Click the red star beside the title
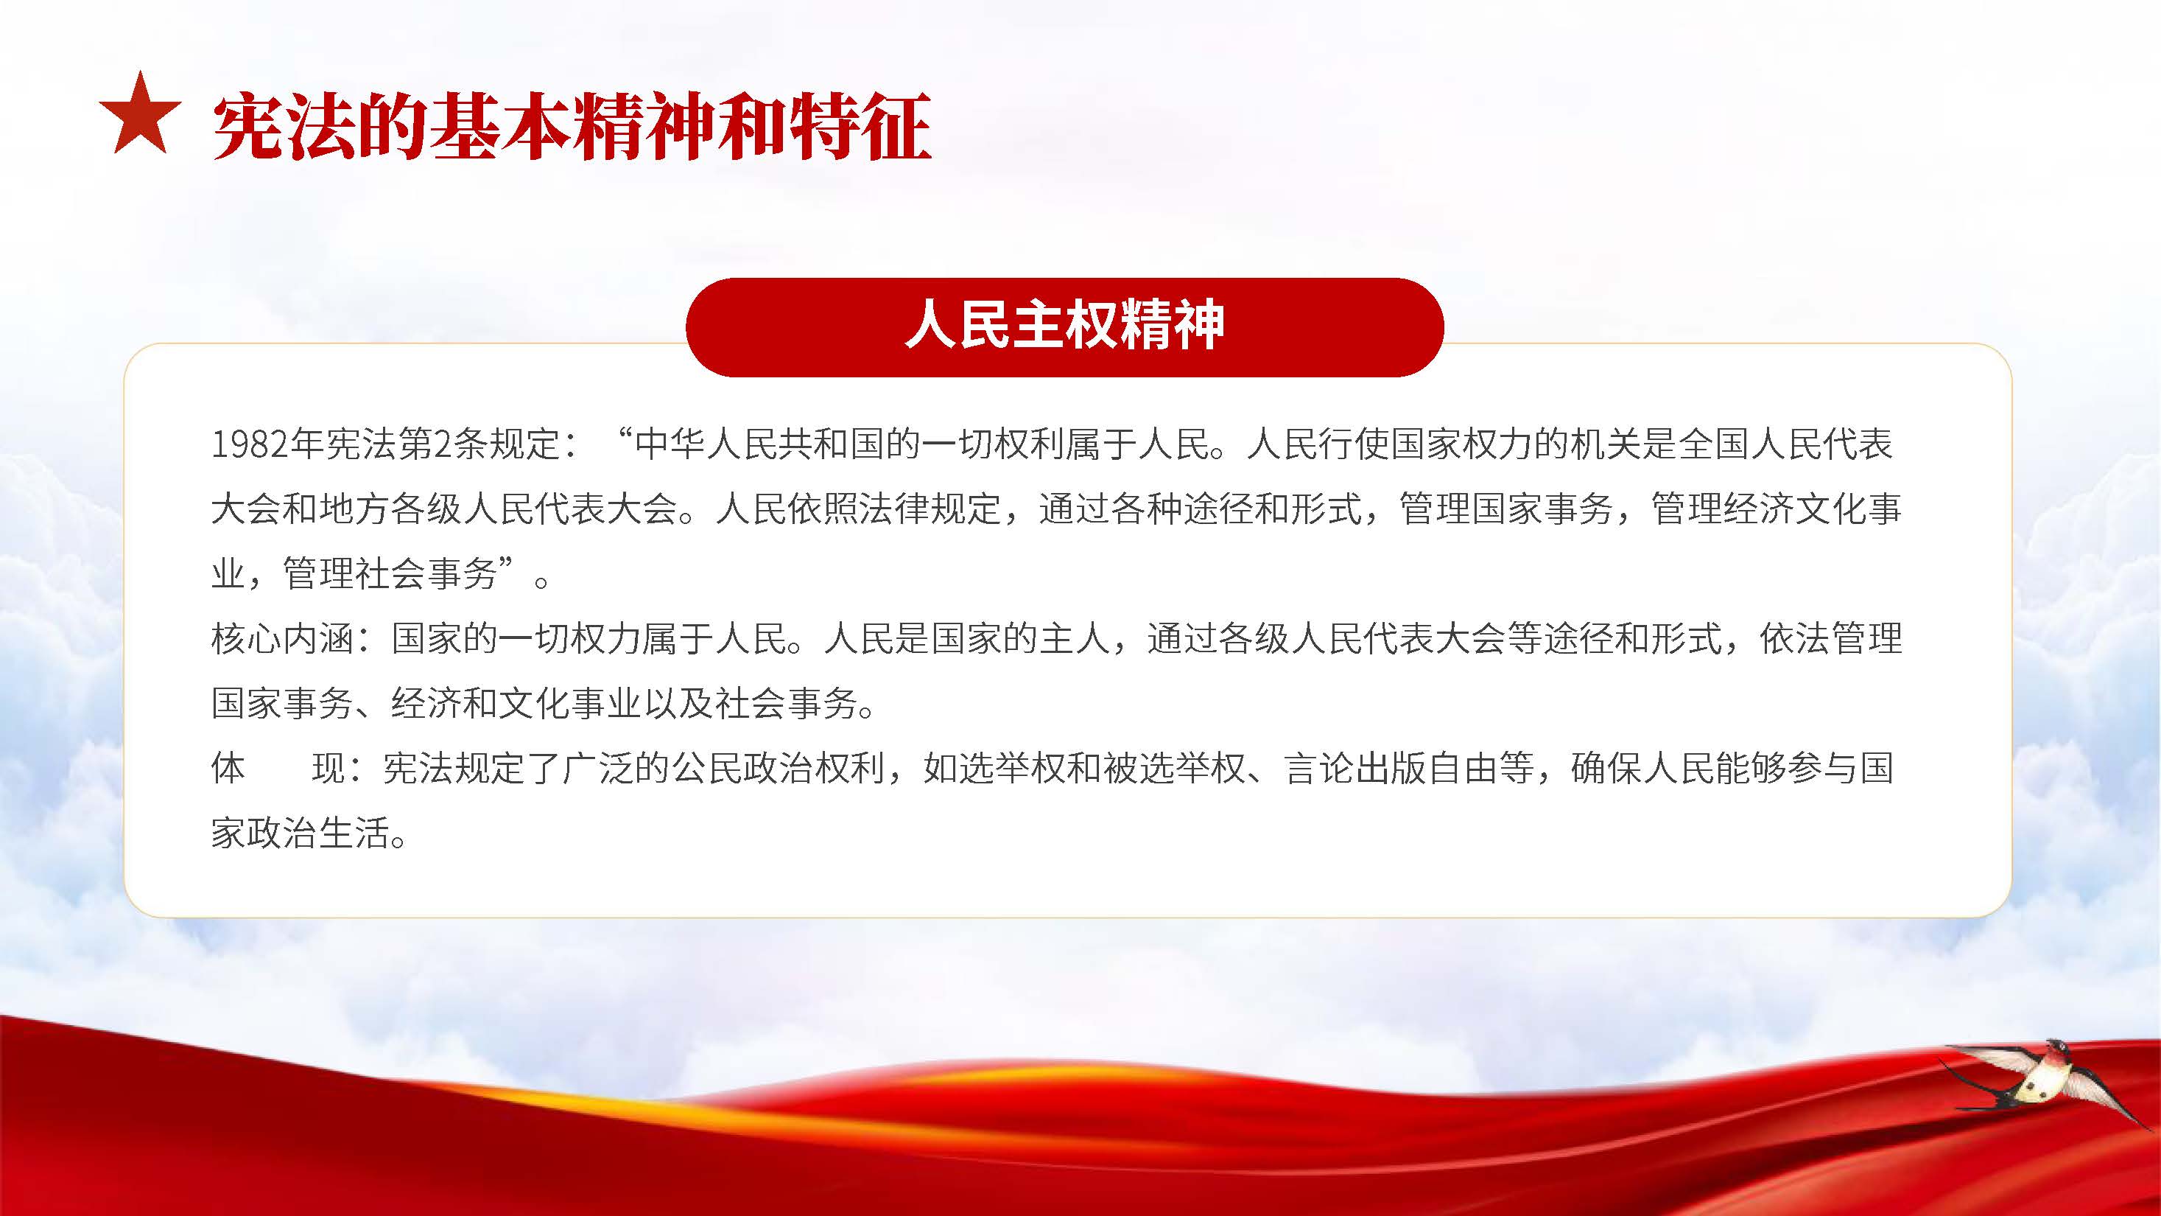coord(140,116)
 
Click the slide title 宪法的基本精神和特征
coord(572,126)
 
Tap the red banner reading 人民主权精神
coord(1064,326)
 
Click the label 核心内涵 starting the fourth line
coord(283,639)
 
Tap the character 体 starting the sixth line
coord(228,768)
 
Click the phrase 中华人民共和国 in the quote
coord(760,444)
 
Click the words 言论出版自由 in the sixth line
coord(1391,768)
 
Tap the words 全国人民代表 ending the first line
coord(1786,444)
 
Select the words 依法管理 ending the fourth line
coord(1831,639)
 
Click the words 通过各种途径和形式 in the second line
coord(1201,509)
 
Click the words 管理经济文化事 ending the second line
coord(1777,509)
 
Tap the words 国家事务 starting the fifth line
coord(283,703)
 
